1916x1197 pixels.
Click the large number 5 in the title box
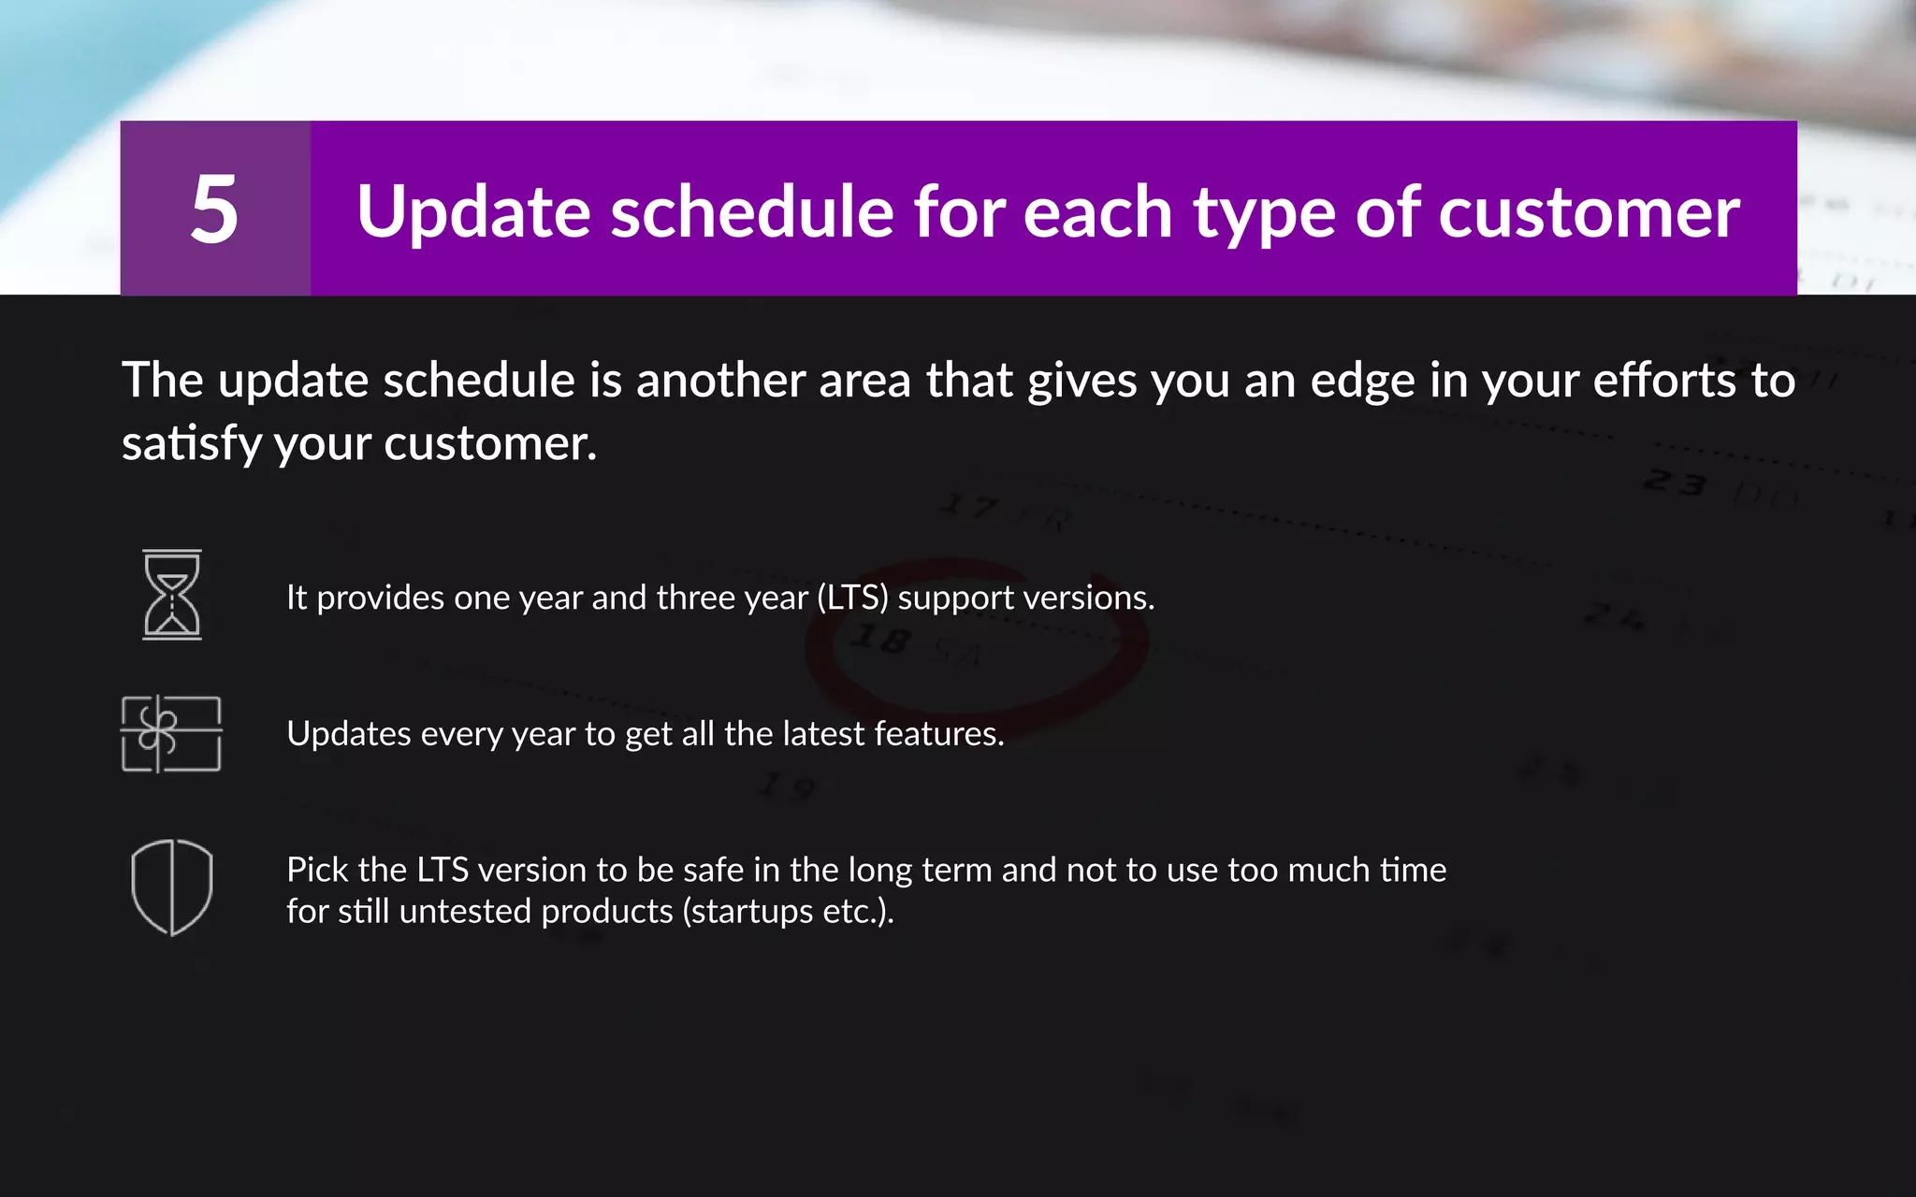pos(214,209)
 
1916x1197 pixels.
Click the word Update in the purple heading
pos(472,212)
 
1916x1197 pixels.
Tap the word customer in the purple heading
pos(1589,212)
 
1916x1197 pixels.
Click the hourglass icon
pos(172,595)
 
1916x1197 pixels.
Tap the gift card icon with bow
pos(171,734)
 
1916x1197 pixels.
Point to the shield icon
pos(172,887)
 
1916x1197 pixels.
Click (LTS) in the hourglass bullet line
pos(852,598)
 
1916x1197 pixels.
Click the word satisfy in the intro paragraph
pos(192,443)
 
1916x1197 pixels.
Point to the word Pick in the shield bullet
pos(318,870)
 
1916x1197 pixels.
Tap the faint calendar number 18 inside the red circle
pos(879,640)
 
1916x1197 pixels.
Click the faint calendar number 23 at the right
pos(1675,483)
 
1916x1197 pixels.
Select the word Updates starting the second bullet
pos(349,734)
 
